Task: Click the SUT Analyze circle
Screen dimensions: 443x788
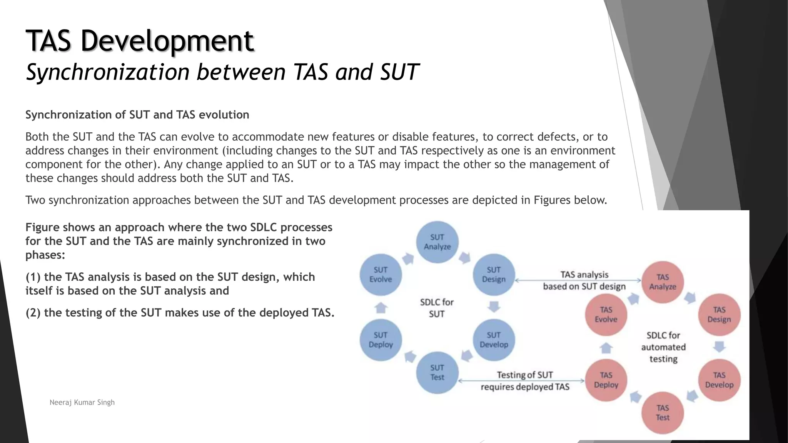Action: (x=437, y=242)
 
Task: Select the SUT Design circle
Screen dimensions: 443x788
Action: (x=494, y=275)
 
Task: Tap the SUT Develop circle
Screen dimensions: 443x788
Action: (x=494, y=340)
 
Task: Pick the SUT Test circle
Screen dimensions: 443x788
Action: (x=437, y=373)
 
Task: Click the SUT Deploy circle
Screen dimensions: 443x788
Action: (x=381, y=340)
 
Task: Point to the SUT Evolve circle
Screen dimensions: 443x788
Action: (x=381, y=275)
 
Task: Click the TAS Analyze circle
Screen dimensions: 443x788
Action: (x=663, y=282)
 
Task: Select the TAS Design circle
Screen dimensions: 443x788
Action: (x=719, y=315)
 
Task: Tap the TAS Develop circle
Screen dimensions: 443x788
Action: (x=719, y=380)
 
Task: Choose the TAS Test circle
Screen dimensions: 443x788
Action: (x=663, y=413)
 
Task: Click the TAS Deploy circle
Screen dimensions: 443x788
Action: (x=606, y=380)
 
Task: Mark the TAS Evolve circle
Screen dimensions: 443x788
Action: (x=606, y=315)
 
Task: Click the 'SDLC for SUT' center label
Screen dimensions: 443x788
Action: (x=437, y=308)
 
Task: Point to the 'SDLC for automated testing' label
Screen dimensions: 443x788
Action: (x=663, y=347)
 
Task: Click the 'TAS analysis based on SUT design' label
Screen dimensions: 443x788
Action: (x=584, y=280)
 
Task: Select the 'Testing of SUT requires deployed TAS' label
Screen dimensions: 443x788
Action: (x=525, y=381)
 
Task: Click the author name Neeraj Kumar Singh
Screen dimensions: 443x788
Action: (x=82, y=402)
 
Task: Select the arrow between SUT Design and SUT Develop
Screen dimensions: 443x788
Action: (x=494, y=307)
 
